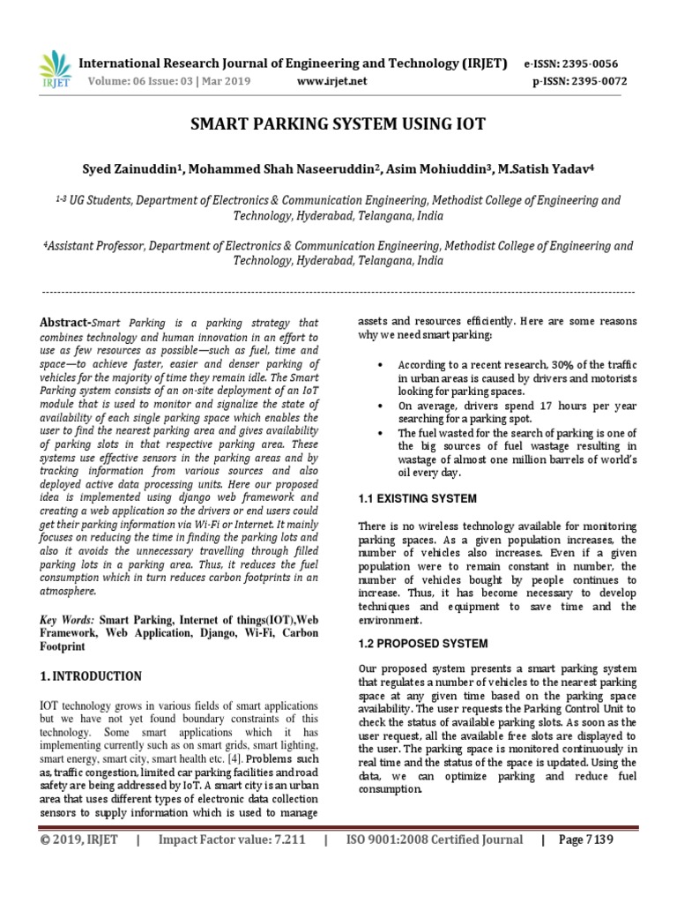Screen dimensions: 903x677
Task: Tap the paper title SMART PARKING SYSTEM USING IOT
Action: [x=338, y=123]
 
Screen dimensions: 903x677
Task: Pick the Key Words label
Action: [x=66, y=620]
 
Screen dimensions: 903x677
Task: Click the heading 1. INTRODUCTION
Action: [x=91, y=676]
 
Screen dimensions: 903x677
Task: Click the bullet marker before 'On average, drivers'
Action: [x=380, y=406]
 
